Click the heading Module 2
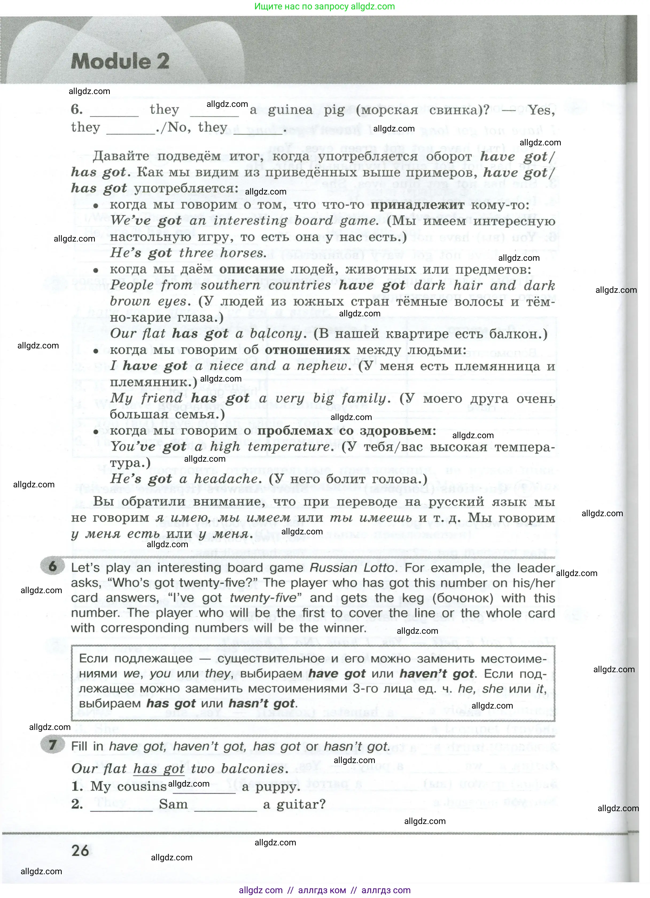120,61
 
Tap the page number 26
80,850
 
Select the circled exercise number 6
53,566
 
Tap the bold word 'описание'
251,269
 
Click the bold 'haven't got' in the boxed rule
437,674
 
